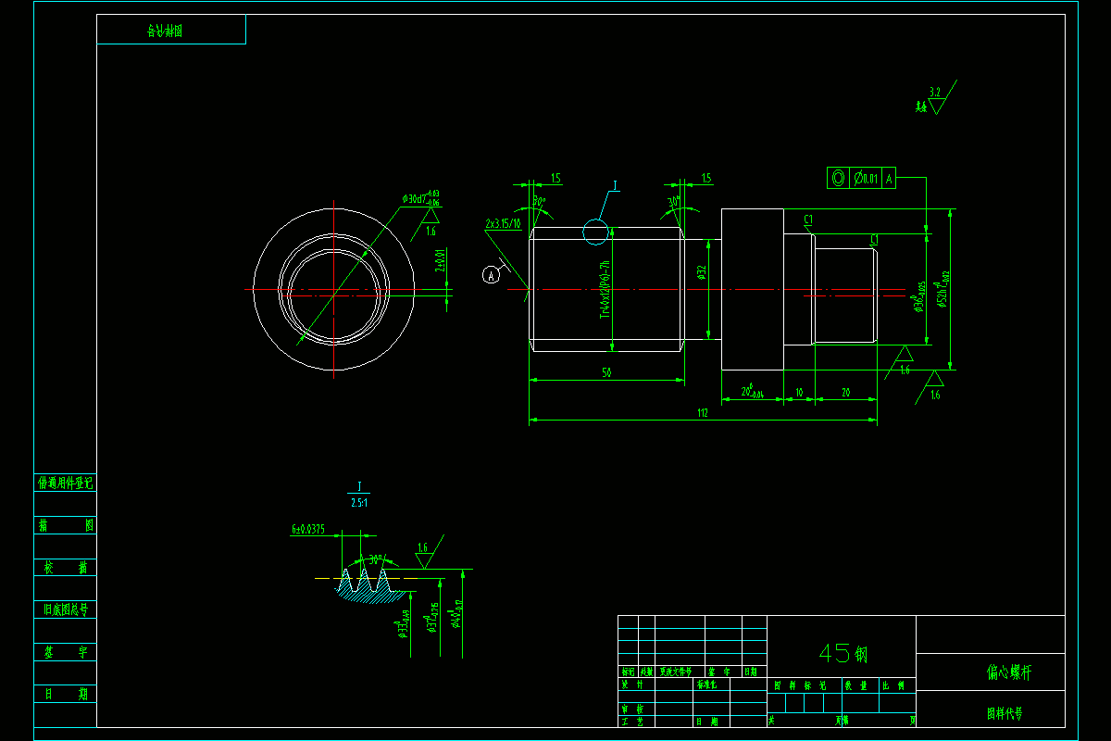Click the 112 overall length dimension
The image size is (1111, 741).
[702, 413]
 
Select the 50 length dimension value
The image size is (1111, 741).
[607, 372]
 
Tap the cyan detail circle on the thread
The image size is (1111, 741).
[596, 232]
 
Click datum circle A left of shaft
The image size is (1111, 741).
[493, 273]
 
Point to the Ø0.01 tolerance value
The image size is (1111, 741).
[867, 178]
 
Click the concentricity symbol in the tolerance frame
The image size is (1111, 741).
[838, 178]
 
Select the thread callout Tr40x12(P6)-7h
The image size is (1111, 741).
[605, 289]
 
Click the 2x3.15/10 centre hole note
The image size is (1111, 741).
[503, 224]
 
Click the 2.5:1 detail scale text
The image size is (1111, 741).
[358, 503]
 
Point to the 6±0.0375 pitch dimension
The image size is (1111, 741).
[308, 530]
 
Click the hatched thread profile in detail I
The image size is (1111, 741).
[366, 593]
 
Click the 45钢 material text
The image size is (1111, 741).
[842, 653]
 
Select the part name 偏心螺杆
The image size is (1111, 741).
[1008, 672]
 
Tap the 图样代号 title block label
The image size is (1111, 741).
[1005, 713]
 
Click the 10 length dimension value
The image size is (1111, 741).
[799, 393]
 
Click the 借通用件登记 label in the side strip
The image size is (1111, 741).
[65, 483]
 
